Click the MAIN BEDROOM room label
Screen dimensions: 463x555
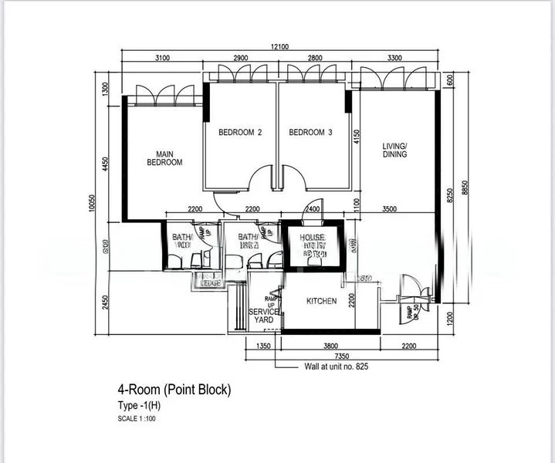coord(164,158)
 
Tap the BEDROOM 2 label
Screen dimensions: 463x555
coord(240,133)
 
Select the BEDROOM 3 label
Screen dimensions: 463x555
coord(310,133)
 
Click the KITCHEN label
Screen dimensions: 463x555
coord(321,301)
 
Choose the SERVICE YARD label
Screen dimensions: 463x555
coord(263,316)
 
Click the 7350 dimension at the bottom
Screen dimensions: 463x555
coord(318,357)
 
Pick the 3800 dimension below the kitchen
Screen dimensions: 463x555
coord(331,346)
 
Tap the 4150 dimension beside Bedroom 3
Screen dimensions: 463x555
coord(356,137)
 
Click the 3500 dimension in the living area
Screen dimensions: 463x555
coord(389,209)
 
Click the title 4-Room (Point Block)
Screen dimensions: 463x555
coord(174,390)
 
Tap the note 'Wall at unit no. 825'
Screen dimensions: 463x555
coord(337,367)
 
